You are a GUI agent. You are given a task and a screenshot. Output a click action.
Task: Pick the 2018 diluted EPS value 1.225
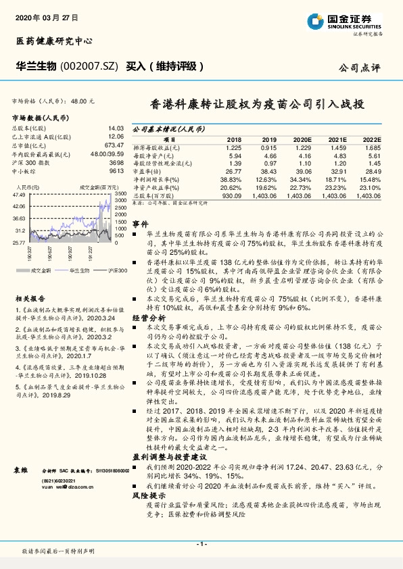click(234, 147)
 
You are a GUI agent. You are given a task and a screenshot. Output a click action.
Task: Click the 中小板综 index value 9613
click(116, 172)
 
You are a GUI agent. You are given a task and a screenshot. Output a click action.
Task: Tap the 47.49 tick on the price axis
click(20, 195)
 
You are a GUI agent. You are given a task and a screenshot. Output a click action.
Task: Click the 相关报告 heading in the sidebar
click(30, 298)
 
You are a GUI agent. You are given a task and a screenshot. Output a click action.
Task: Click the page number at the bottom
click(201, 544)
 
